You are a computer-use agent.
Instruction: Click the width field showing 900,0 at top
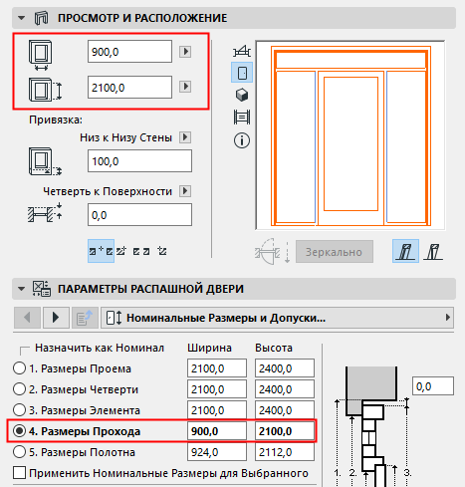coord(129,52)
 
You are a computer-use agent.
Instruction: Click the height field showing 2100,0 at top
coord(129,88)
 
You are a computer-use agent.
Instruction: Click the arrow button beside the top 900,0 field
coord(184,52)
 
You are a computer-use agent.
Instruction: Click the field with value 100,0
coord(138,160)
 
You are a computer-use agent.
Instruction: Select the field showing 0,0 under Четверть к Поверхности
coord(138,213)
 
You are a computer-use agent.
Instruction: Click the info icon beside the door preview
coord(240,140)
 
